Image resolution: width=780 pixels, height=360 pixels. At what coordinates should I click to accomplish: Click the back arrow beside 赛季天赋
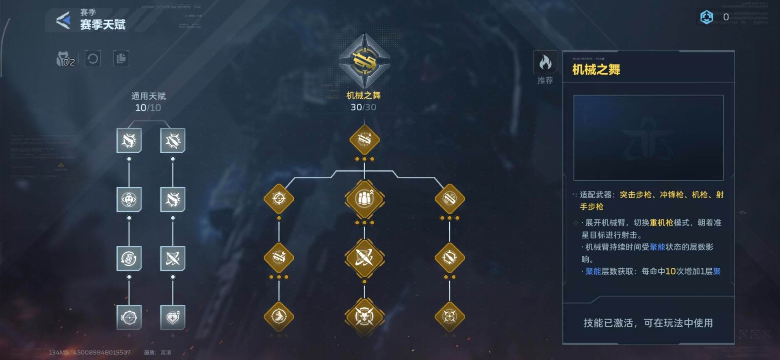pyautogui.click(x=63, y=20)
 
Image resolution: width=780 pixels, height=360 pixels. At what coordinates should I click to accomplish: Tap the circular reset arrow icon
pyautogui.click(x=93, y=59)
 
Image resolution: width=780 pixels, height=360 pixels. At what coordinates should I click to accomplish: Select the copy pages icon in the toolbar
pyautogui.click(x=121, y=59)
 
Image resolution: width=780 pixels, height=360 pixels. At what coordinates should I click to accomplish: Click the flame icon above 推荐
pyautogui.click(x=545, y=63)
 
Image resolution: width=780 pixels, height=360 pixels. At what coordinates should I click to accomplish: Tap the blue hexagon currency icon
pyautogui.click(x=706, y=17)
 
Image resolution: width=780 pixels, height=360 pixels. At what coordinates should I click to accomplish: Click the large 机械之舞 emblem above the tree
pyautogui.click(x=364, y=61)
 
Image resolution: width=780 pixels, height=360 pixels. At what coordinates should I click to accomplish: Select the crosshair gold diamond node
pyautogui.click(x=279, y=199)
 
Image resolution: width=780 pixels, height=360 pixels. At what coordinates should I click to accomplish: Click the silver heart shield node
pyautogui.click(x=173, y=317)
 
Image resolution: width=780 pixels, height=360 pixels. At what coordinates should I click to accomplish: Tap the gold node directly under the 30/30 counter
pyautogui.click(x=364, y=140)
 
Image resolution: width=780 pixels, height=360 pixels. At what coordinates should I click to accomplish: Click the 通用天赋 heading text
pyautogui.click(x=148, y=96)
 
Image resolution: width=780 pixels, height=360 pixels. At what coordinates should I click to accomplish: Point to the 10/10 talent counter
pyautogui.click(x=148, y=108)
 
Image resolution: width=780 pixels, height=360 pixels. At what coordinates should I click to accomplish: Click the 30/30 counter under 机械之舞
pyautogui.click(x=363, y=107)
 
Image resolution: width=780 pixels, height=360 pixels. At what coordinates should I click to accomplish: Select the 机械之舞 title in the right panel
pyautogui.click(x=596, y=70)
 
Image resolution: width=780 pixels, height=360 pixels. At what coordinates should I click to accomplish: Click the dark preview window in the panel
pyautogui.click(x=648, y=138)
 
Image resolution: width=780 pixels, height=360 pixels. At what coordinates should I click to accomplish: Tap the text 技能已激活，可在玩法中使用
pyautogui.click(x=648, y=323)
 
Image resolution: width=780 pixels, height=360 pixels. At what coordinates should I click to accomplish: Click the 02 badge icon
pyautogui.click(x=66, y=60)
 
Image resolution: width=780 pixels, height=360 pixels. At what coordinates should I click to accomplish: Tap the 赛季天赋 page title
pyautogui.click(x=103, y=25)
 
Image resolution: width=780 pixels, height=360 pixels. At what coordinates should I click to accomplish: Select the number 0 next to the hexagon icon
pyautogui.click(x=726, y=17)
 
